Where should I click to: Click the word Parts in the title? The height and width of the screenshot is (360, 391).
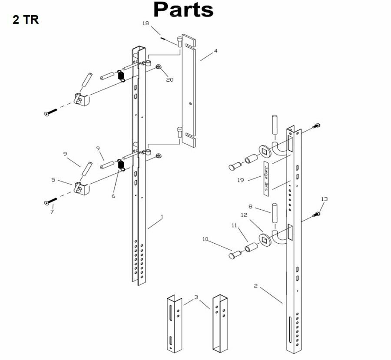click(183, 10)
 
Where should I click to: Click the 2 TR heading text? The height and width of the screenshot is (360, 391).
click(26, 20)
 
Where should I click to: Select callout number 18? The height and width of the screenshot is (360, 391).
click(146, 23)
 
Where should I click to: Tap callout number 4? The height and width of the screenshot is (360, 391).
click(215, 51)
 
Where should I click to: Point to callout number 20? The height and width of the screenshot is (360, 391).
click(169, 80)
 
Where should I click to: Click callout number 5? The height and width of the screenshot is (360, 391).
click(53, 179)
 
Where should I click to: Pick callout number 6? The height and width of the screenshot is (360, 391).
click(113, 196)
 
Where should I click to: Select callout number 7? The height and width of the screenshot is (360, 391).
click(52, 212)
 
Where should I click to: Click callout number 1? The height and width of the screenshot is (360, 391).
click(162, 217)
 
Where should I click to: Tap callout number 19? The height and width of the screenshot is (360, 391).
click(240, 180)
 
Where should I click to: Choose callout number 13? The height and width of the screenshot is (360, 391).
click(324, 199)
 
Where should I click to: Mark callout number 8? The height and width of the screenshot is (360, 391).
click(250, 206)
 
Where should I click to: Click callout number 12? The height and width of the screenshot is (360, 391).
click(244, 215)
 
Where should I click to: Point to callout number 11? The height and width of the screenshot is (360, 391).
click(234, 225)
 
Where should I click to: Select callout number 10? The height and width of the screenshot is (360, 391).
click(205, 239)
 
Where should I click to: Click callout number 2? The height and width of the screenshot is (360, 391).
click(255, 286)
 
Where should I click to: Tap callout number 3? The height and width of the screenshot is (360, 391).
click(196, 297)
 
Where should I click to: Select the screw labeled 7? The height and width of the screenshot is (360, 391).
click(51, 201)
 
